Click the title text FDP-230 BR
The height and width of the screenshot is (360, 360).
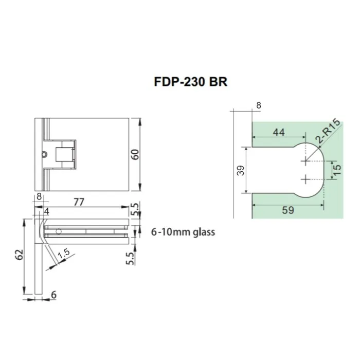coord(190,82)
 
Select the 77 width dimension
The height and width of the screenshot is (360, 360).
coord(78,202)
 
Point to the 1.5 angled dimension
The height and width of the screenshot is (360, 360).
coord(63,254)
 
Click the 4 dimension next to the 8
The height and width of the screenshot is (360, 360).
coord(46,211)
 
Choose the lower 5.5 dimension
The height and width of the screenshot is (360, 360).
coord(130,257)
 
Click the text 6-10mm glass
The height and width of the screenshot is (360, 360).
coord(183,232)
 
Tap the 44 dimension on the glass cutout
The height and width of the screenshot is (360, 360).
coord(278,132)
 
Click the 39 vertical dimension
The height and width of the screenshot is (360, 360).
coord(241,171)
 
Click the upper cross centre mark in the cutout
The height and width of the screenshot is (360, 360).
coord(306,161)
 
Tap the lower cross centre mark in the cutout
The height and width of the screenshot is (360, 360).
coord(306,179)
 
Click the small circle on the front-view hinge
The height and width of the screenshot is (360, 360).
coord(44,154)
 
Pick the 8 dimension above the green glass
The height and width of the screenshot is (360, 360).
coord(258,105)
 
